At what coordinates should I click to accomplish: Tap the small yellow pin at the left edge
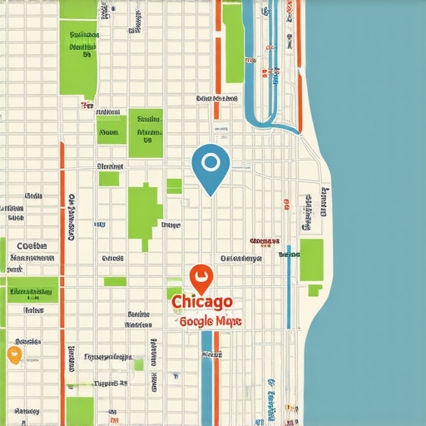click(13, 354)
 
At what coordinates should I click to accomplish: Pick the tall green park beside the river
click(233, 42)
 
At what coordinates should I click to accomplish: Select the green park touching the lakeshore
click(311, 260)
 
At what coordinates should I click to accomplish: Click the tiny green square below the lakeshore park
click(315, 290)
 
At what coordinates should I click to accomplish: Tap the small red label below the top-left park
click(87, 106)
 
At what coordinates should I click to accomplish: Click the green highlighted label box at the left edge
click(30, 292)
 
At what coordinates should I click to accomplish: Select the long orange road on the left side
click(62, 250)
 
